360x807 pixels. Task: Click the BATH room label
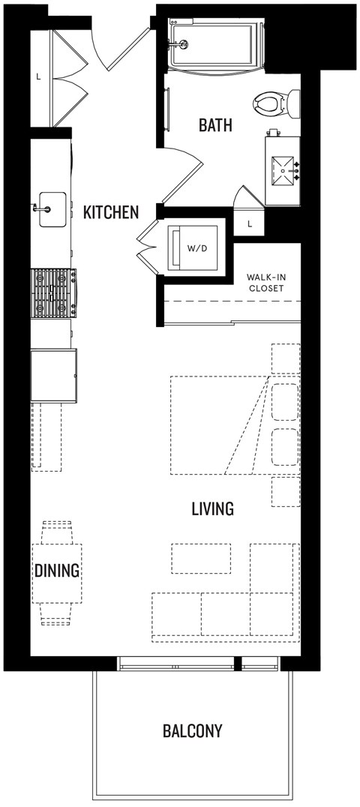[x=215, y=125]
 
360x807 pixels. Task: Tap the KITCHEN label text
[x=111, y=212]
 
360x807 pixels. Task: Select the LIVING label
[x=212, y=509]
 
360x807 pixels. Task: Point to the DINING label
[x=57, y=571]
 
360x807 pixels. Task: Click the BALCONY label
[x=192, y=731]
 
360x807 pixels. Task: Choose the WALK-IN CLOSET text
[x=267, y=283]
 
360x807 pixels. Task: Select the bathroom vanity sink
[x=283, y=170]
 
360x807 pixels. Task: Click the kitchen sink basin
[x=51, y=207]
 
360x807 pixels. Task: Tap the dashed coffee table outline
[x=201, y=559]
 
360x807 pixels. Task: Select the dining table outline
[x=57, y=572]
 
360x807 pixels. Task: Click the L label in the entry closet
[x=37, y=76]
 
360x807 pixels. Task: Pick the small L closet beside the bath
[x=250, y=223]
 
